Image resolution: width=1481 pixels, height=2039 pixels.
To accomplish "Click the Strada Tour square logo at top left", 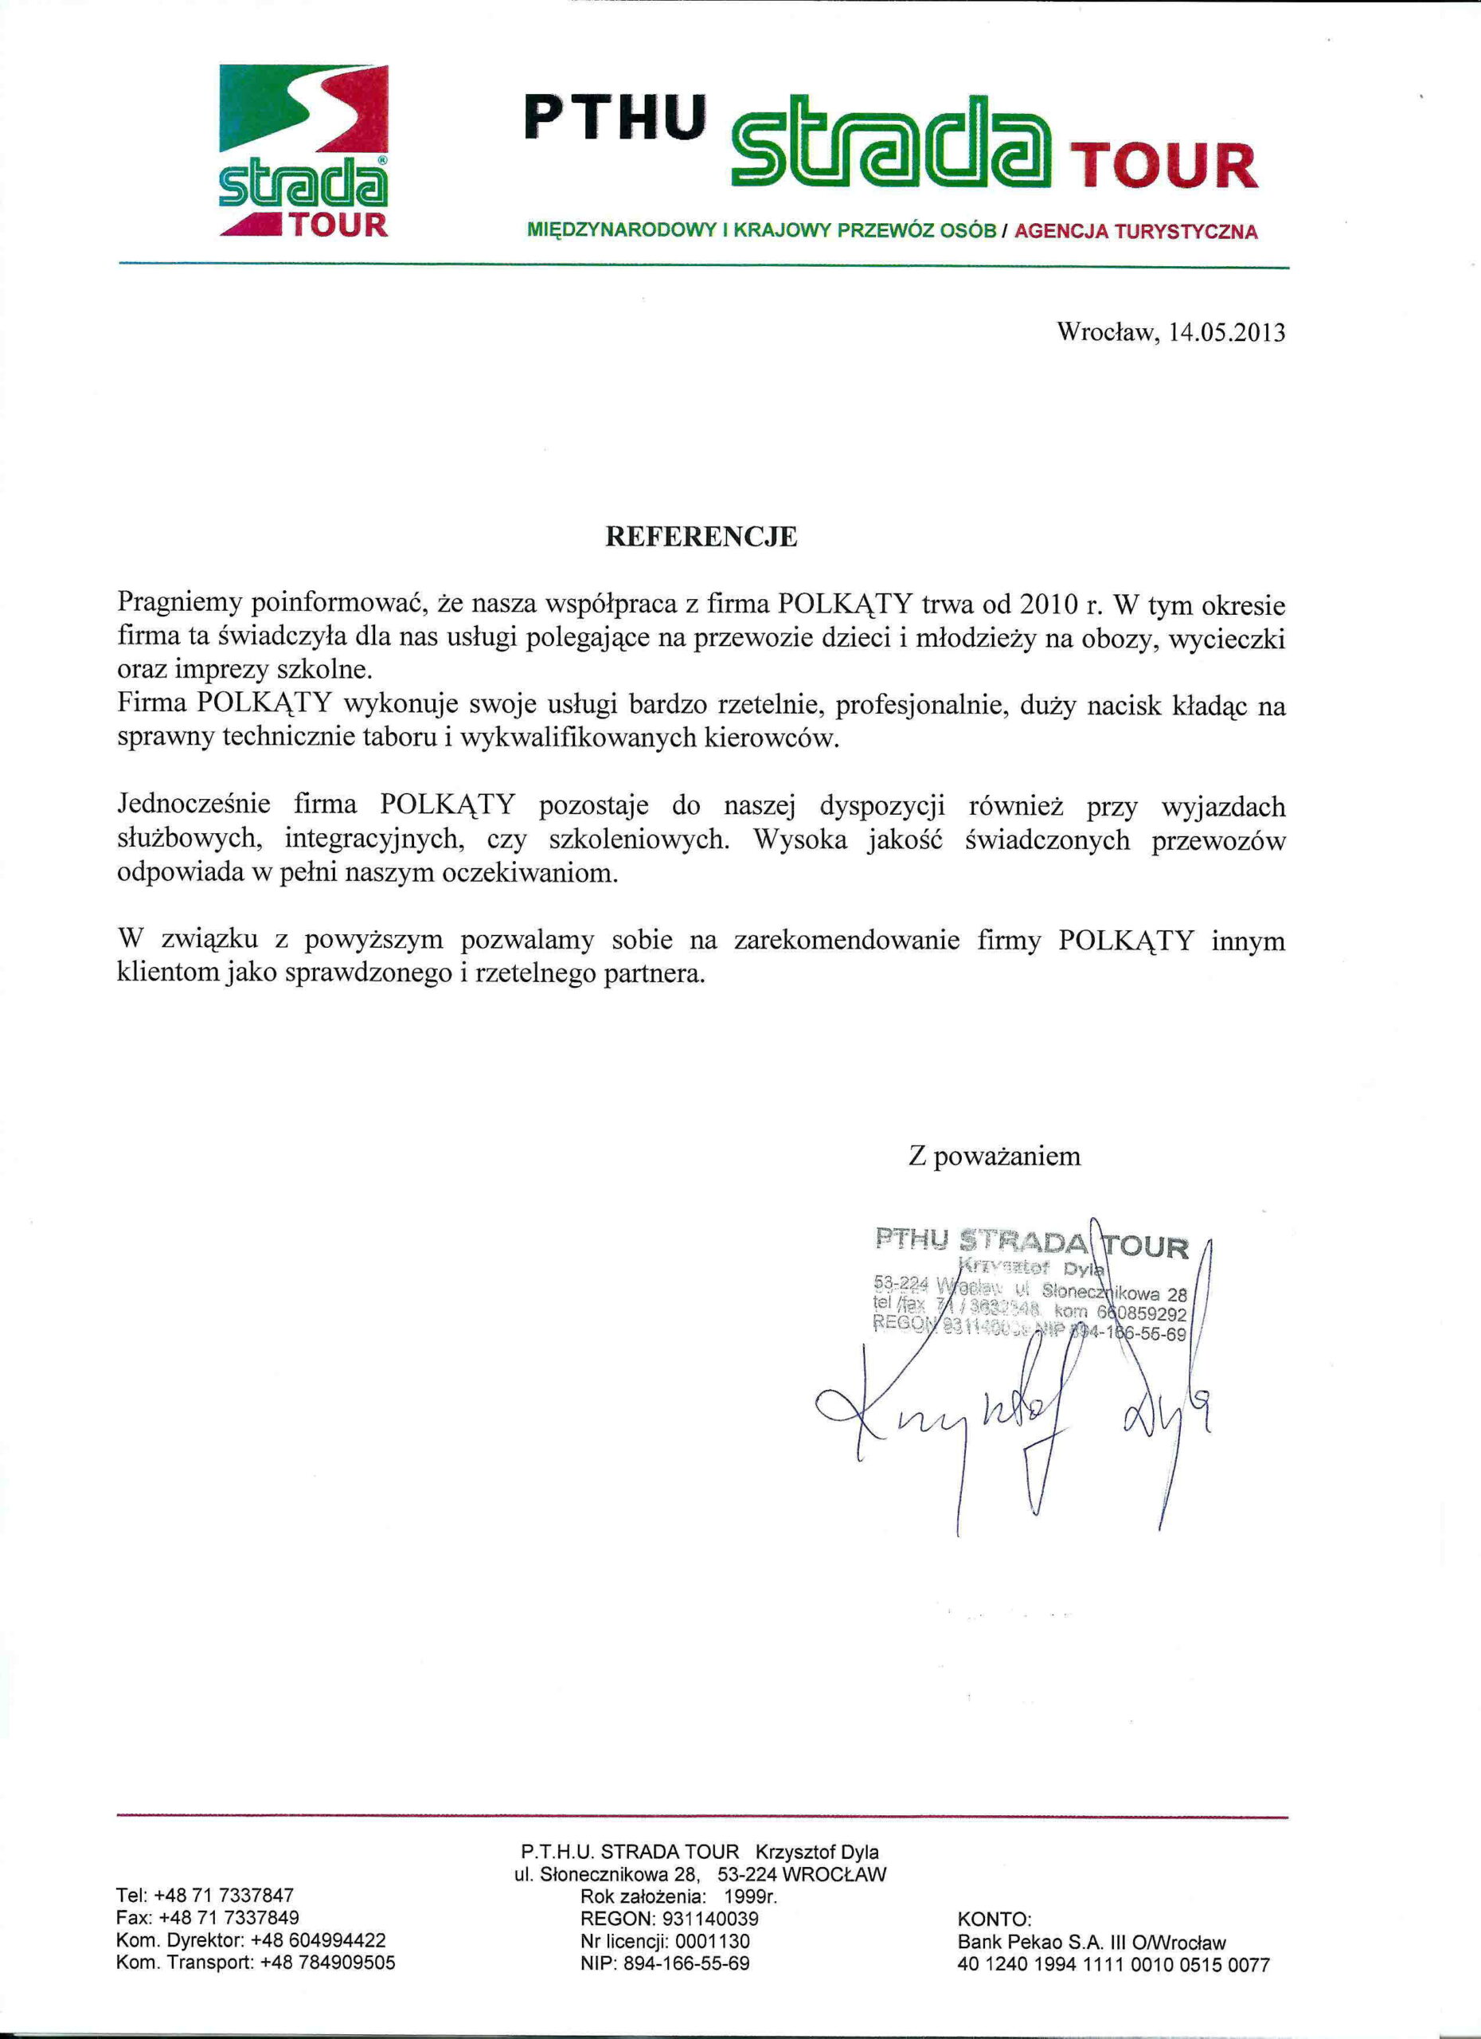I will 303,151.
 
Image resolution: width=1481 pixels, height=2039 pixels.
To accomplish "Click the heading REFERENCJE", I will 701,537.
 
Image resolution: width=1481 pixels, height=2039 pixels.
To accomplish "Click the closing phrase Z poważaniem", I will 994,1156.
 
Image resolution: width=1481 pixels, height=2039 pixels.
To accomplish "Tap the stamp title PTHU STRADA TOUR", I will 1032,1243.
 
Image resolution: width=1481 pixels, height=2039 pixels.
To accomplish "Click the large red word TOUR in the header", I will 1166,166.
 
